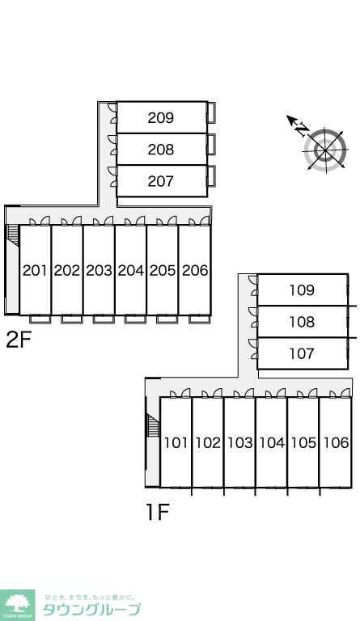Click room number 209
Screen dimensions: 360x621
(x=161, y=117)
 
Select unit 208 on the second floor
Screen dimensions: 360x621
(x=161, y=150)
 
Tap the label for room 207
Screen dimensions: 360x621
(x=161, y=181)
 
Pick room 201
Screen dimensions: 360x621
(x=35, y=271)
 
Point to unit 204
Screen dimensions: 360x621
(x=131, y=271)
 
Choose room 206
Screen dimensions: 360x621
(x=195, y=271)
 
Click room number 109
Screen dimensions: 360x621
(x=302, y=290)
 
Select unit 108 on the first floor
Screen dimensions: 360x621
(x=302, y=322)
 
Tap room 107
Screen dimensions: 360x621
(x=302, y=353)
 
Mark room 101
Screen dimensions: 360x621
(x=176, y=442)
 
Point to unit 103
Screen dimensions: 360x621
(x=240, y=442)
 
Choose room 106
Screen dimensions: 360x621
(x=337, y=442)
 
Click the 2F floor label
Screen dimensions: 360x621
(x=19, y=340)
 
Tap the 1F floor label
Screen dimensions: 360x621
(x=158, y=512)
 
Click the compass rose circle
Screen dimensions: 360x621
(x=325, y=150)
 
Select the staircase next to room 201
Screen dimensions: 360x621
(x=14, y=235)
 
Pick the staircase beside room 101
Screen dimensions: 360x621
(x=153, y=425)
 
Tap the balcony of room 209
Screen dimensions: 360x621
(x=211, y=112)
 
